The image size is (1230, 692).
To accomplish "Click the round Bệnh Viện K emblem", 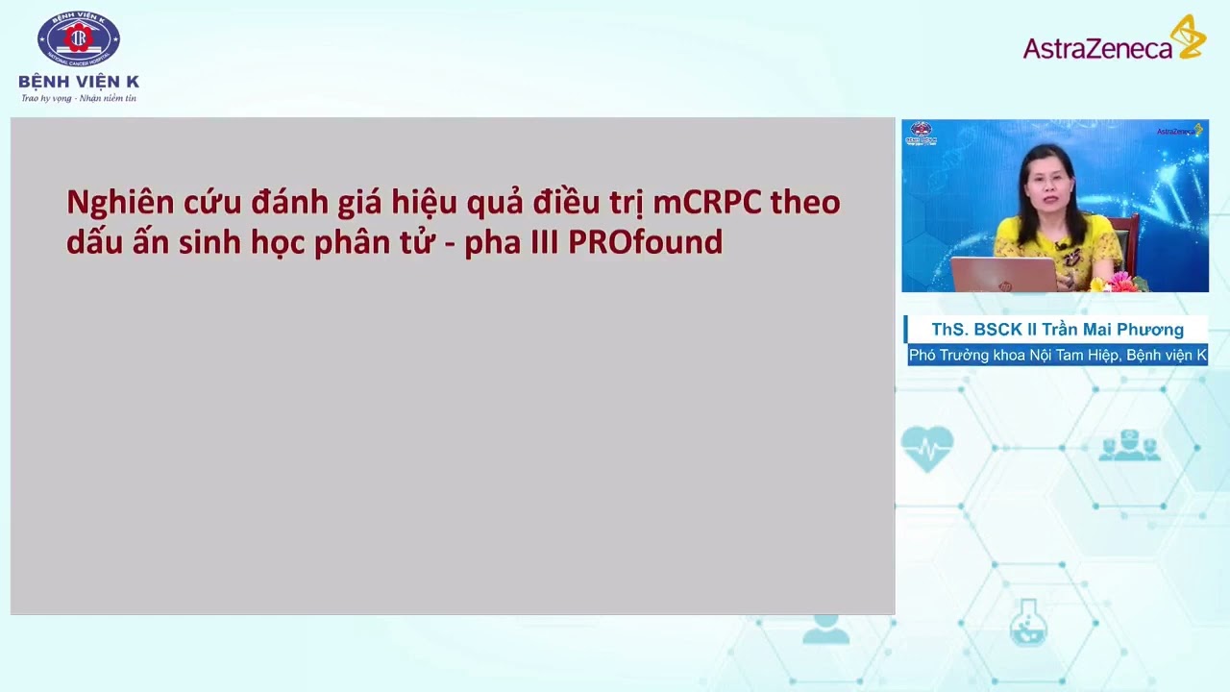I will [x=79, y=38].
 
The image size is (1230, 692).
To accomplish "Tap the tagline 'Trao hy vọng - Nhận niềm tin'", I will [x=79, y=98].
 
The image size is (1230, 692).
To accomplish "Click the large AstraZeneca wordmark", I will [x=1096, y=47].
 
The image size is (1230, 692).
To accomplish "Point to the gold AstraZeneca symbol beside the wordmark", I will [x=1188, y=37].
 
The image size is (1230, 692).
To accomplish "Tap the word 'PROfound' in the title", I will [x=645, y=242].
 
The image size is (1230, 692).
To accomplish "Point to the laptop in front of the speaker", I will [x=1003, y=275].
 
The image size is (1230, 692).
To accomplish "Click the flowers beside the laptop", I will [x=1120, y=282].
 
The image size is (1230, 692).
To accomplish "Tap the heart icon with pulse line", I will [x=927, y=448].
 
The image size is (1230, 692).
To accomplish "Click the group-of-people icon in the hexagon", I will [x=1129, y=447].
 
